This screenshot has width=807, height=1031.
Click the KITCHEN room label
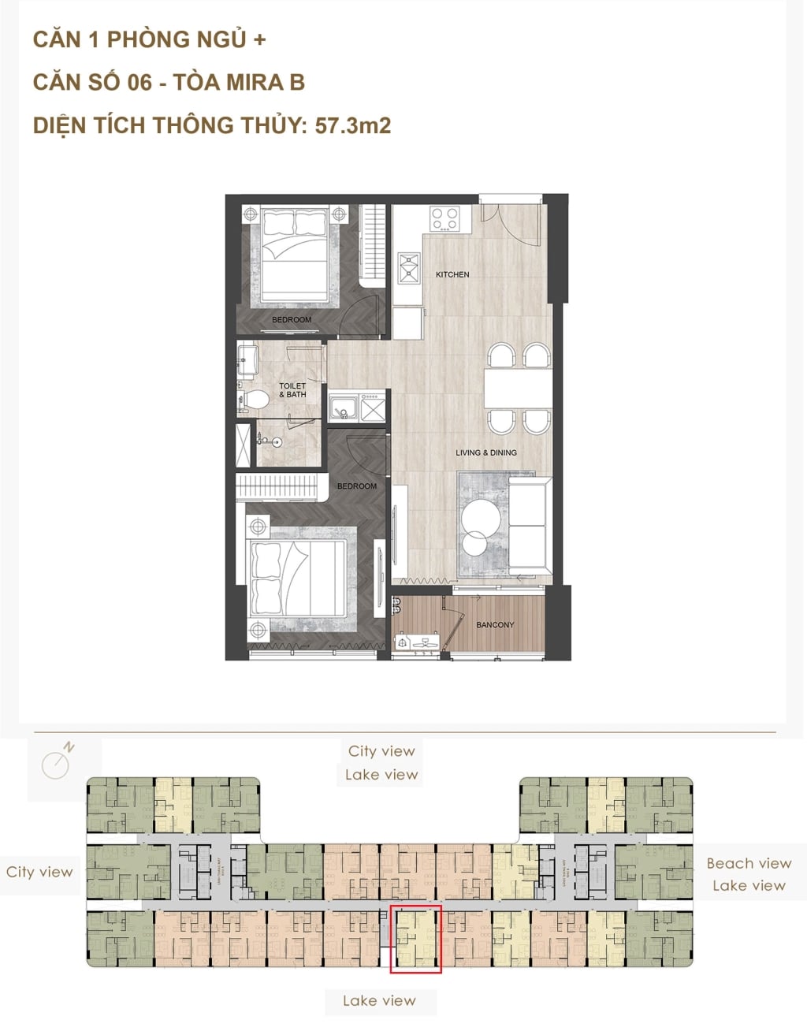(x=452, y=274)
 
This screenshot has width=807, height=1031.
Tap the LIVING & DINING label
(x=485, y=452)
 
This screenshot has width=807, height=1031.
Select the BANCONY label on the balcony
(x=495, y=625)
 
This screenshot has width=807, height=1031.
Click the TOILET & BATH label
(x=292, y=390)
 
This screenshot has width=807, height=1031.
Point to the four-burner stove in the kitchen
(x=444, y=218)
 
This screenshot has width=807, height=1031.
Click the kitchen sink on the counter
(x=410, y=267)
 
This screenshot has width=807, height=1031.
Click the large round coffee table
(x=481, y=517)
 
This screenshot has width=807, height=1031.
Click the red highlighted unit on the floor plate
(x=415, y=939)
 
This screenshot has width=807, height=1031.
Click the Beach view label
(x=749, y=863)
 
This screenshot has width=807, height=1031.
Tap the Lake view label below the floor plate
(x=379, y=1001)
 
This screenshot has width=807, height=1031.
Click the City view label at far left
(x=39, y=872)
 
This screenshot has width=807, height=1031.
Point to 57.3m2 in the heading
(x=352, y=125)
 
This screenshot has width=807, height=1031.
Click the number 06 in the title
(x=138, y=82)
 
